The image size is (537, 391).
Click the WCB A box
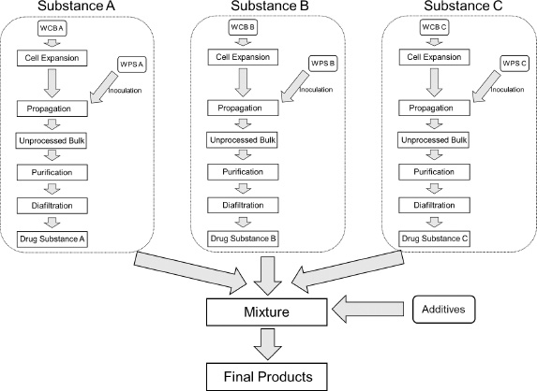click(52, 28)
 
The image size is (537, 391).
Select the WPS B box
click(323, 64)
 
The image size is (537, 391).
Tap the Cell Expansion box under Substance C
click(434, 57)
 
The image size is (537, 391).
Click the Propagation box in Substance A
click(52, 109)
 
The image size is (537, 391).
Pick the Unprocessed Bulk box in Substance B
click(243, 140)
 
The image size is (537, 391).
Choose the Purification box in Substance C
click(434, 172)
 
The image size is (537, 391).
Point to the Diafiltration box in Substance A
click(52, 206)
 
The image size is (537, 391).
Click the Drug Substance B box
click(243, 239)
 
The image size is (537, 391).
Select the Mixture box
click(267, 312)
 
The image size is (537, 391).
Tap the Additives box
click(444, 310)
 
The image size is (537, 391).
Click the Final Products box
click(267, 377)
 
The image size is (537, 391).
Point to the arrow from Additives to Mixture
click(367, 309)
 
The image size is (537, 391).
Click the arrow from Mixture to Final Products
click(267, 344)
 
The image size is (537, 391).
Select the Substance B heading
click(270, 6)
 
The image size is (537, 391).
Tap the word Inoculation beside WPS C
click(507, 90)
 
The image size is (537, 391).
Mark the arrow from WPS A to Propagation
click(103, 87)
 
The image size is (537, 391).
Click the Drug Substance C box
click(434, 239)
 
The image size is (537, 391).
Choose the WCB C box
click(434, 27)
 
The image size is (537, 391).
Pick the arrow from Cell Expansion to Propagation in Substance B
click(243, 82)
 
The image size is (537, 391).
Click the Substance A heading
click(76, 6)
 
